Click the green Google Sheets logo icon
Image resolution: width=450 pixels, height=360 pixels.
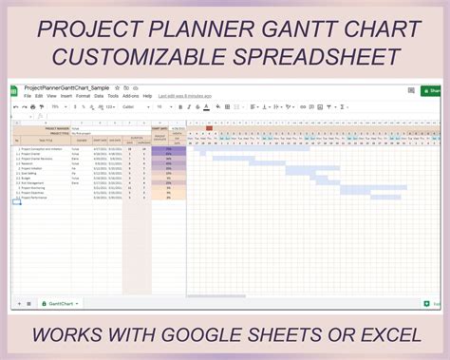point(14,91)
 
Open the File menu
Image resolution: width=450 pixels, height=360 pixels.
point(27,96)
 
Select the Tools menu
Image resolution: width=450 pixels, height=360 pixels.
point(113,96)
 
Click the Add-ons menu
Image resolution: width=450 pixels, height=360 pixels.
point(130,96)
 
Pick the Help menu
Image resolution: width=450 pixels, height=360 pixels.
point(147,96)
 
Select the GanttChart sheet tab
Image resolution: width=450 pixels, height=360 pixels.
point(61,303)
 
